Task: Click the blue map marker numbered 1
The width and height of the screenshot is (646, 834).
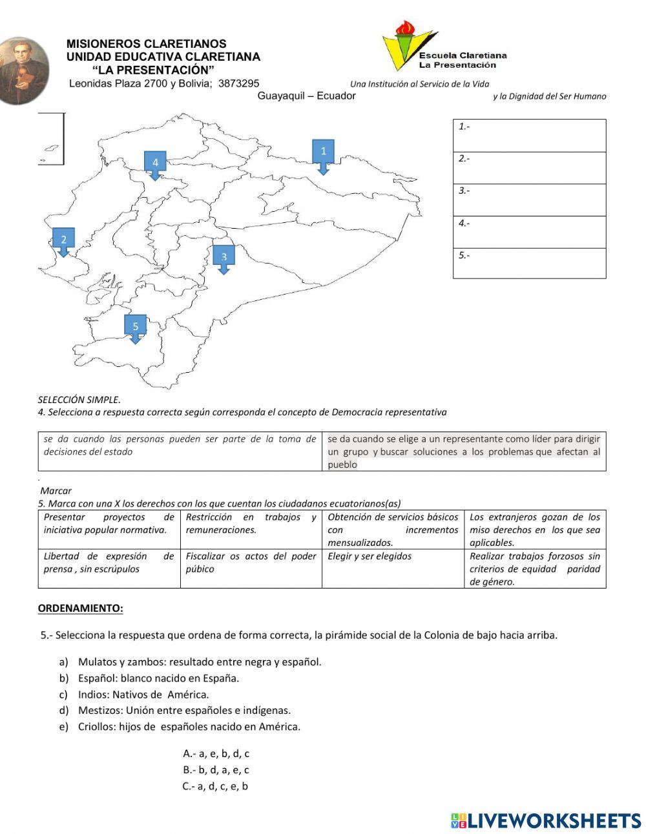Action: [x=323, y=154]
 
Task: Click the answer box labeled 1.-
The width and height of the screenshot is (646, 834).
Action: [x=529, y=136]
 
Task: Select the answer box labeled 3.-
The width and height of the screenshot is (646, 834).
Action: [x=529, y=200]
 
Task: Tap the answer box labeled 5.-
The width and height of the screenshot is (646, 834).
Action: [x=529, y=263]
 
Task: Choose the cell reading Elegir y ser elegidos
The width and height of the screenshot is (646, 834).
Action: [x=393, y=568]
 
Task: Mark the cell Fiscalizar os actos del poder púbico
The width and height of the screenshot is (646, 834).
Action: [x=251, y=568]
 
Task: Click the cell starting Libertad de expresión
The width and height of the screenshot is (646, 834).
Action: [x=109, y=568]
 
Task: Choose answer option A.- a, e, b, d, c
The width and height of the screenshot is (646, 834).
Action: [x=216, y=753]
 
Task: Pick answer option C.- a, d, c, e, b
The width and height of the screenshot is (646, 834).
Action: [x=216, y=786]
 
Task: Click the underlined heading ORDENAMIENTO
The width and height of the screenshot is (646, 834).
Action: [x=80, y=608]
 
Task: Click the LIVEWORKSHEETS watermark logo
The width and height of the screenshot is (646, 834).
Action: [x=546, y=820]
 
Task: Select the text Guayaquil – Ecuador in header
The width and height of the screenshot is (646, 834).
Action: [x=306, y=96]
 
